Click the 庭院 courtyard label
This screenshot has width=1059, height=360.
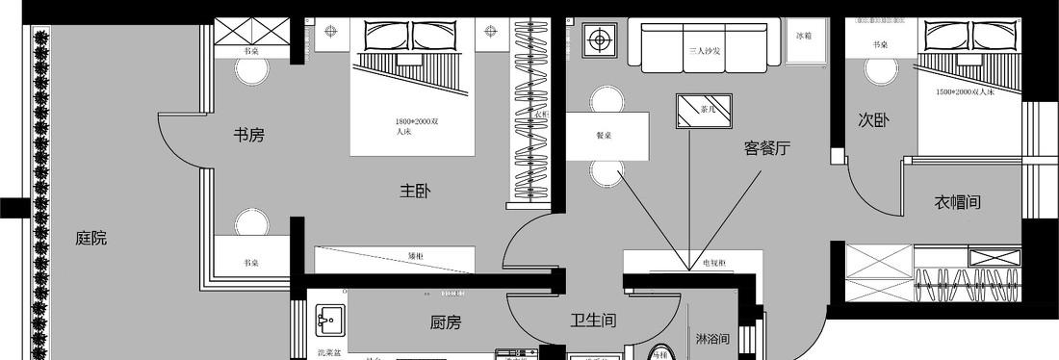coord(90,238)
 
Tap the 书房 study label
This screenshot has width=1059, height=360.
coord(248,135)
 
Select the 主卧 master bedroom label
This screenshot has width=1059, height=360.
coord(415,192)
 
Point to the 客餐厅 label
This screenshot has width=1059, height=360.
coord(766,148)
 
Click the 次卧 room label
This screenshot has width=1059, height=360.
coord(873,119)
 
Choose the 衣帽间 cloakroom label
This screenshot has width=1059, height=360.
coord(957,202)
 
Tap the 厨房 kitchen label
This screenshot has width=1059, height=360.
coord(445,322)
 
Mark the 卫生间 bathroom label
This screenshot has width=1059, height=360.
coord(593,321)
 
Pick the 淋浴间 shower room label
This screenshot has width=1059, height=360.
coord(712,339)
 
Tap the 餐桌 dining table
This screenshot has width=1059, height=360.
coord(604,135)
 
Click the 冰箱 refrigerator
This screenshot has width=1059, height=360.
coord(804,36)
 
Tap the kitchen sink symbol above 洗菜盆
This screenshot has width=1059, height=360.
coord(330,319)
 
